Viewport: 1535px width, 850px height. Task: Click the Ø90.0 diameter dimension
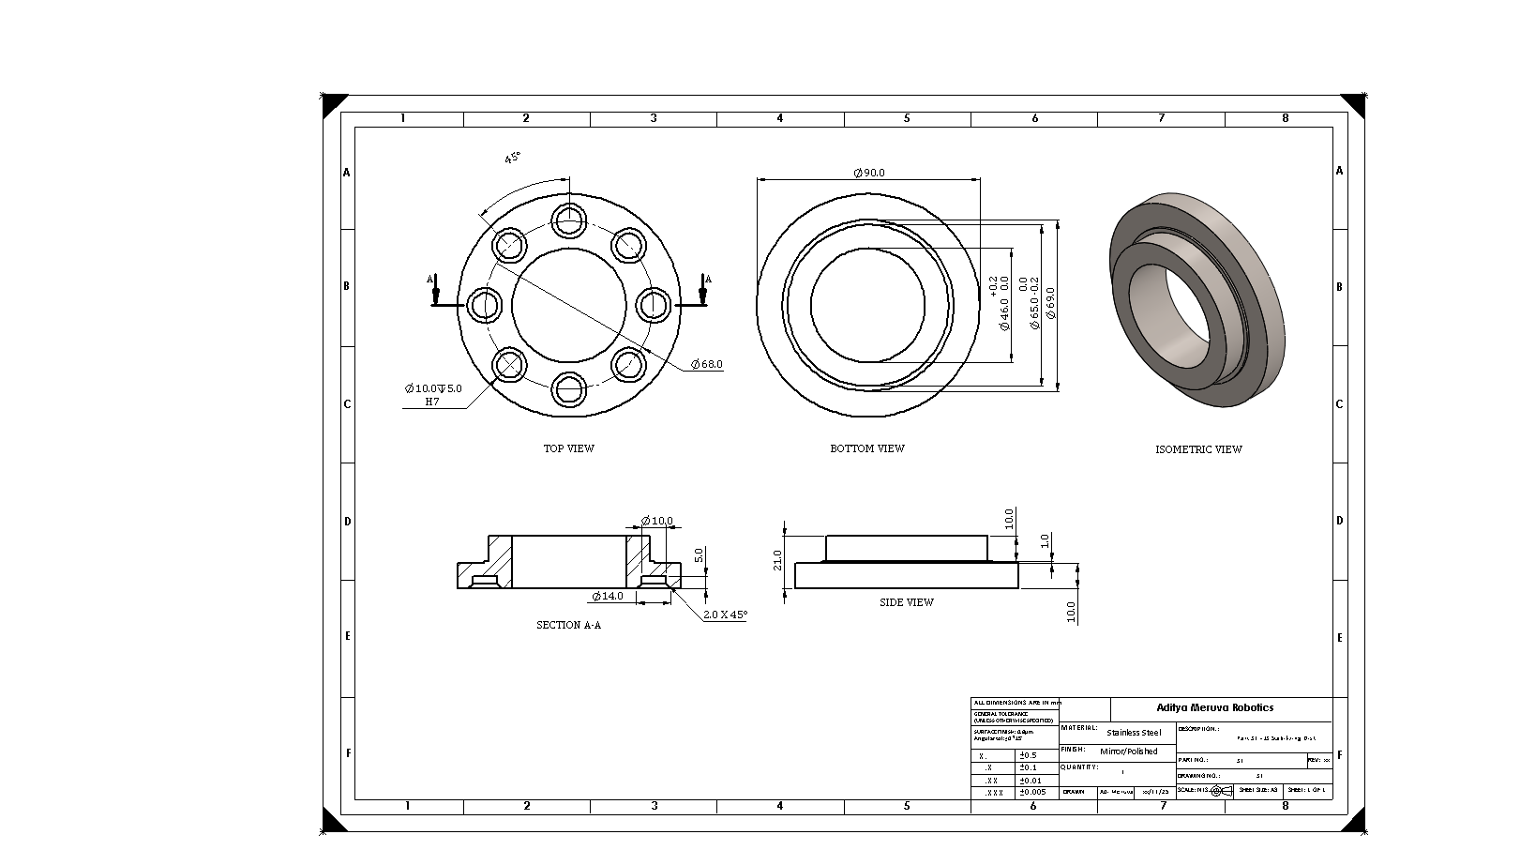pyautogui.click(x=868, y=173)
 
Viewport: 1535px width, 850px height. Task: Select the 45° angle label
pyautogui.click(x=512, y=158)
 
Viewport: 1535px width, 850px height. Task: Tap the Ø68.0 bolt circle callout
pyautogui.click(x=707, y=364)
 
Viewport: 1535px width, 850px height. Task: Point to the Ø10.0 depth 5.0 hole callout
pyautogui.click(x=433, y=388)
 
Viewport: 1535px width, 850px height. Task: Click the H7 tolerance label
pyautogui.click(x=432, y=402)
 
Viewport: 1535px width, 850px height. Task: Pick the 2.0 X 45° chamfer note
pyautogui.click(x=726, y=615)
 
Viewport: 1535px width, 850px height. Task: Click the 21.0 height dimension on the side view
pyautogui.click(x=777, y=560)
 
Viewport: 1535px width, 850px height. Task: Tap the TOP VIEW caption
pyautogui.click(x=568, y=448)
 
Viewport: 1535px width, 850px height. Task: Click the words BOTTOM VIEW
pyautogui.click(x=866, y=448)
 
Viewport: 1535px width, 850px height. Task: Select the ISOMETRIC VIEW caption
pyautogui.click(x=1197, y=449)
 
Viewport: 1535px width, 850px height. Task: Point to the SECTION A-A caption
pyautogui.click(x=568, y=625)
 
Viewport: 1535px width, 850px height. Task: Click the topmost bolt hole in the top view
pyautogui.click(x=569, y=220)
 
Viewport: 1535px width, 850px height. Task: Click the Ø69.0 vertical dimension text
pyautogui.click(x=1051, y=304)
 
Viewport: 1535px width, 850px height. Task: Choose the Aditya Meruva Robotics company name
pyautogui.click(x=1214, y=708)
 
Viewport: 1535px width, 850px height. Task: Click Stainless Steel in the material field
pyautogui.click(x=1134, y=733)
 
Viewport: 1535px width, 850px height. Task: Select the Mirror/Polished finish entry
pyautogui.click(x=1129, y=751)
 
